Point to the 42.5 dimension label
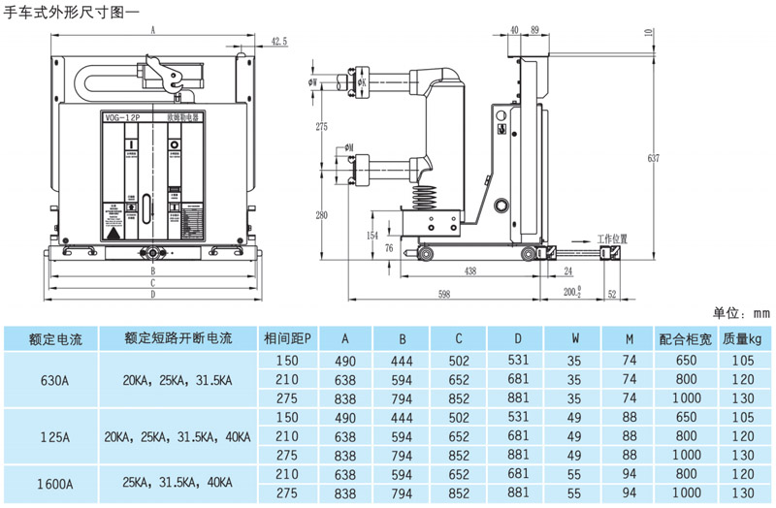pyautogui.click(x=279, y=41)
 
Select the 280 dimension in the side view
pyautogui.click(x=322, y=214)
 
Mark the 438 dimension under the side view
pyautogui.click(x=469, y=272)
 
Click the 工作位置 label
pyautogui.click(x=612, y=238)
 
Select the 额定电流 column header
pyautogui.click(x=56, y=339)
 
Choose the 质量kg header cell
pyautogui.click(x=742, y=339)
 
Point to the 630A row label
pyautogui.click(x=56, y=380)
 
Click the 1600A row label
pyautogui.click(x=56, y=482)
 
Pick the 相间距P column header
pyautogui.click(x=288, y=339)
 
